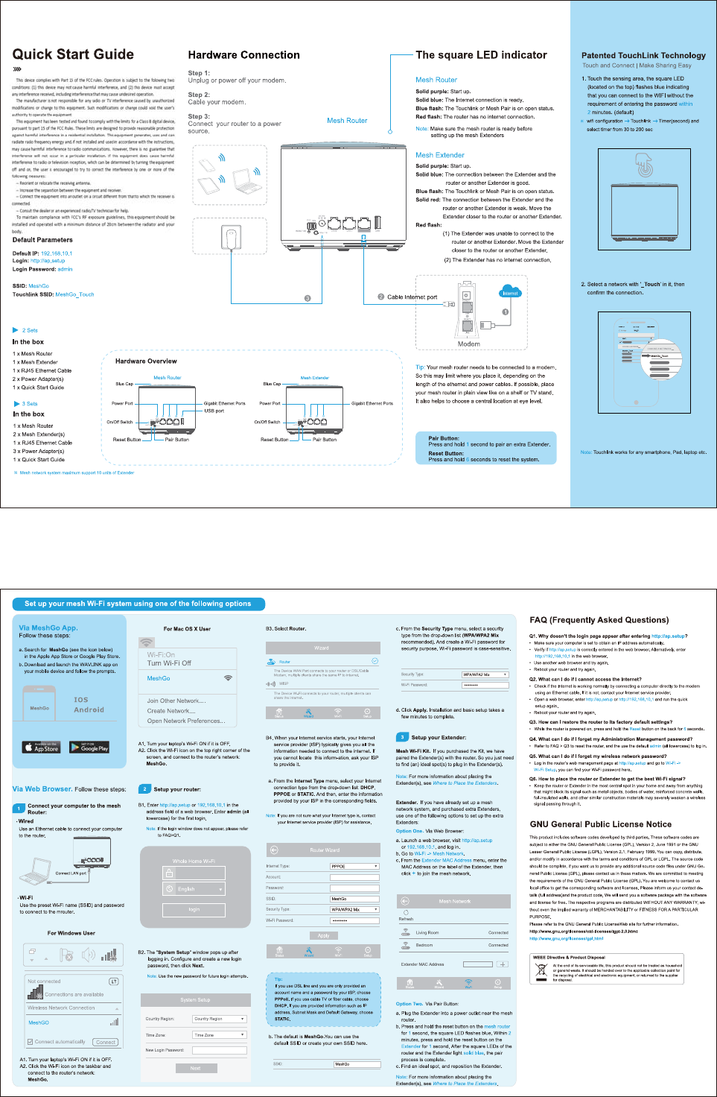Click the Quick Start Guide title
(73, 54)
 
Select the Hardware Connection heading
(243, 55)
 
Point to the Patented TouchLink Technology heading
(643, 55)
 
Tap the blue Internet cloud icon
(510, 292)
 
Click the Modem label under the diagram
(468, 344)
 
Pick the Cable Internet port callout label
(412, 297)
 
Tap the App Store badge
(42, 747)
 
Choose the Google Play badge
(89, 747)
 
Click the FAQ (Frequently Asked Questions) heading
(599, 620)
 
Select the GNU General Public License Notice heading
(600, 824)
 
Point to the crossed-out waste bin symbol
(541, 972)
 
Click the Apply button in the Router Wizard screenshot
(323, 935)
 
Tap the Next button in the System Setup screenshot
(195, 1068)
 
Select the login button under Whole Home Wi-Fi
(194, 909)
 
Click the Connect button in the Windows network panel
(106, 1042)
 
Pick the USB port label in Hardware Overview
(214, 411)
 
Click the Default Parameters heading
(42, 240)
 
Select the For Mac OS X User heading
(187, 629)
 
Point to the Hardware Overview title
(146, 361)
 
